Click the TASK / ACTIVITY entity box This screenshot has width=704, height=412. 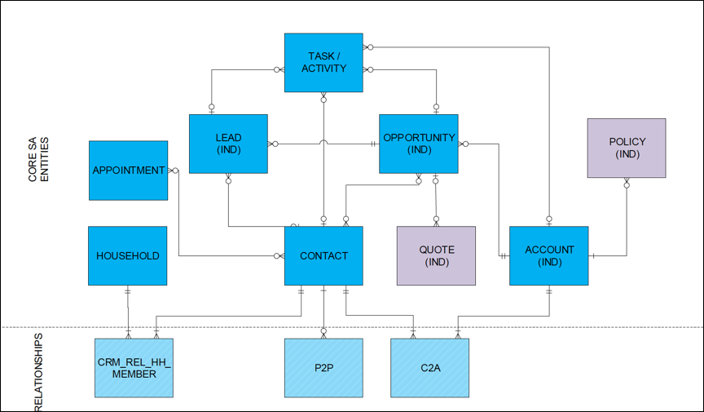coord(323,62)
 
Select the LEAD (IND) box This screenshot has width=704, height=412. coord(228,144)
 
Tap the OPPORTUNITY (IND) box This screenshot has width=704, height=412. coord(419,144)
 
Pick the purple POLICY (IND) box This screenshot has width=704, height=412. coord(627,148)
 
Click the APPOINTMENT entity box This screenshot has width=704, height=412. coord(128,171)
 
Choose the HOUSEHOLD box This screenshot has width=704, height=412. coord(128,255)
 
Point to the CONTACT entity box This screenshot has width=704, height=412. coord(323,255)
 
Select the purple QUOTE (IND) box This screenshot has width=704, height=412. coord(436,255)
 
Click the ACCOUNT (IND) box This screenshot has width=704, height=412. coord(548,255)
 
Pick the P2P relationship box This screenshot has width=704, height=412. coord(323,368)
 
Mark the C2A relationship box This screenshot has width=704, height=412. coord(429,368)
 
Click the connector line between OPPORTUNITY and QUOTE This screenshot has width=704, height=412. coord(436,200)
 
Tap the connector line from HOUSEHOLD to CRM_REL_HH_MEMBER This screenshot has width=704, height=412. coord(128,310)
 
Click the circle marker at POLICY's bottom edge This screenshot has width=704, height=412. coord(627,185)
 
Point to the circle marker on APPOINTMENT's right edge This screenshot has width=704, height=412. coord(174,171)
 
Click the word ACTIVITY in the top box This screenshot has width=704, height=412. coord(323,69)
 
